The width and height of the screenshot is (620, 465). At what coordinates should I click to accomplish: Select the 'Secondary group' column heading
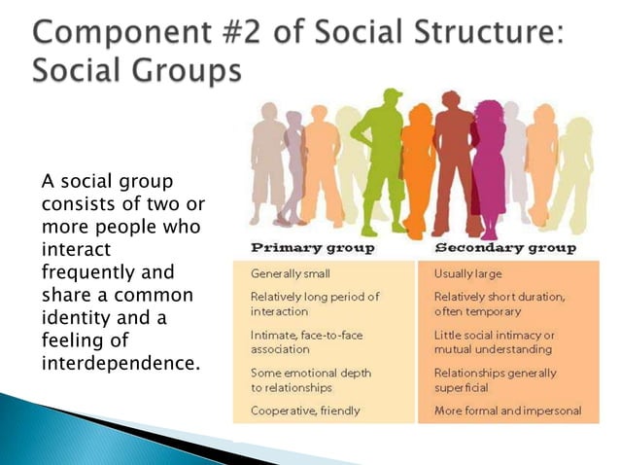pos(504,248)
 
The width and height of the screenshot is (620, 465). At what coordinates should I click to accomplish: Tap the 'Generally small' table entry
pos(292,274)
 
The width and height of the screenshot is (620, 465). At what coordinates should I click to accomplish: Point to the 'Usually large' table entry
pos(467,274)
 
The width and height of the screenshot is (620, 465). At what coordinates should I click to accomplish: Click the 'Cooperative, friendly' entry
pos(305,411)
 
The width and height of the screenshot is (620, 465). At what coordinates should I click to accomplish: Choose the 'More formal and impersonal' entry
pos(507,411)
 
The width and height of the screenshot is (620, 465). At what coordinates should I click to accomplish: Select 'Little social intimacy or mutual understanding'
pos(494,340)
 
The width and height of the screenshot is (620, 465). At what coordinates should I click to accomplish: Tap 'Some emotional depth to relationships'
pos(311,379)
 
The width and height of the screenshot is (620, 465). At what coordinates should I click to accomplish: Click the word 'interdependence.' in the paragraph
pos(121,363)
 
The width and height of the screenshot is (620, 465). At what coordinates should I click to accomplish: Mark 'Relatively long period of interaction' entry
pos(315,303)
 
